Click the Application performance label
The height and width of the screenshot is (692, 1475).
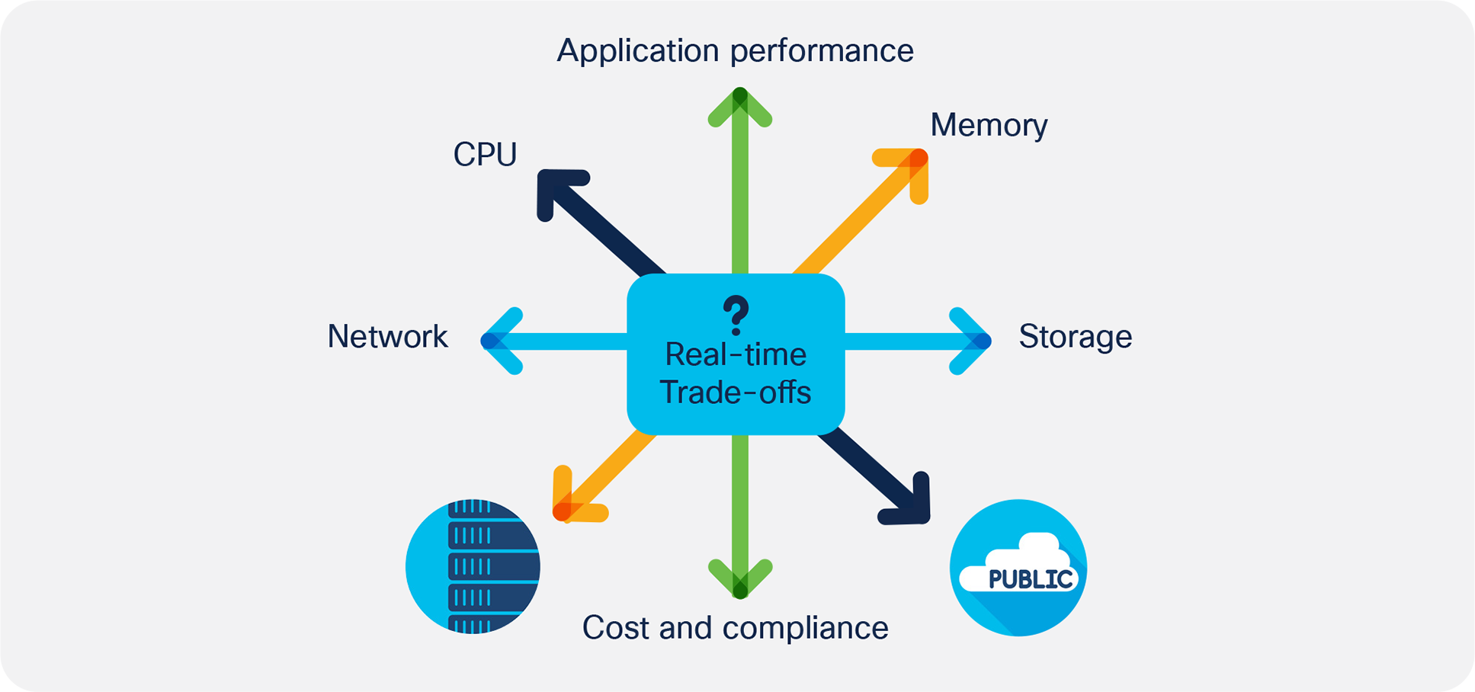735,51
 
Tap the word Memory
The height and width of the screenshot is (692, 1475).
989,125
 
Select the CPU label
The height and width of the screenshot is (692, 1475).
485,155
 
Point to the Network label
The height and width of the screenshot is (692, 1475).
387,337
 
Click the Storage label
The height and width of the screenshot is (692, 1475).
1075,337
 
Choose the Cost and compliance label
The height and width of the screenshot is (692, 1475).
735,628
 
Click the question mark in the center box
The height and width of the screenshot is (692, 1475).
736,315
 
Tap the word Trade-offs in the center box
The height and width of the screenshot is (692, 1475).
735,392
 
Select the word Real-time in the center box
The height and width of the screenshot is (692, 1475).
736,354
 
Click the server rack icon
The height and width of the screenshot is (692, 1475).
473,566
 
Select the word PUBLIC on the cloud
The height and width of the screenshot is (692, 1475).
1030,580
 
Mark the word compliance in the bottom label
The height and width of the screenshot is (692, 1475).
805,628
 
